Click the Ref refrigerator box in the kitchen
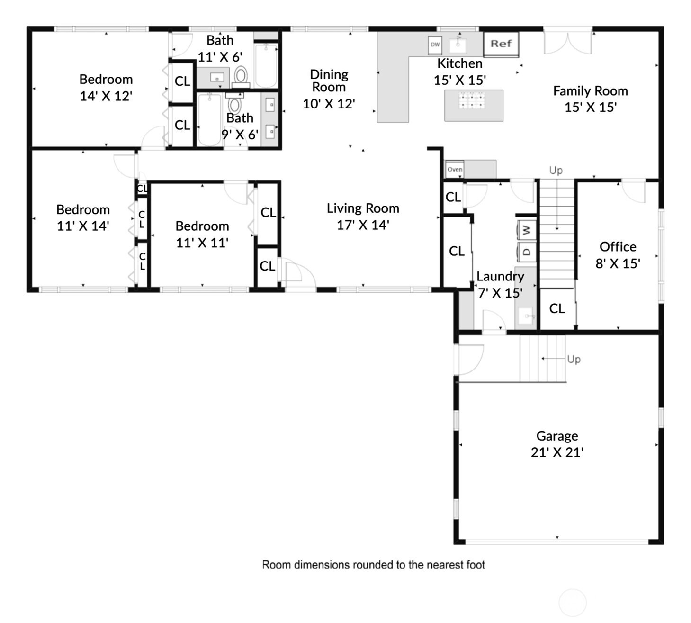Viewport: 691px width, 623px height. tap(501, 44)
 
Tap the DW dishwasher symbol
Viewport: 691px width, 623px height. tap(435, 45)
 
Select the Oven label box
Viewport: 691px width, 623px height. tap(455, 169)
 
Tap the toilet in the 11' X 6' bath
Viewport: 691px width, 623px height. tap(241, 78)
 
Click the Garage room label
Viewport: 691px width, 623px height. tap(557, 437)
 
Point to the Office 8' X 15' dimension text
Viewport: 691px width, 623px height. tap(618, 263)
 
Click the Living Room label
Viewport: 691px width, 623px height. tap(363, 208)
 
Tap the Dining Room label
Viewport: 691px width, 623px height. tap(329, 81)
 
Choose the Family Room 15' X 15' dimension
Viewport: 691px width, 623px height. tap(591, 107)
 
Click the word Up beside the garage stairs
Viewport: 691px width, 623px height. tap(574, 360)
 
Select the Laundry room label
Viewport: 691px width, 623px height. tap(501, 276)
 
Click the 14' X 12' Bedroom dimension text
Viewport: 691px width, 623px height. tap(106, 96)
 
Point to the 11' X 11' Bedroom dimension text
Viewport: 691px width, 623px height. tap(202, 243)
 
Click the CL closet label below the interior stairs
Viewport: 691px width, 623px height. tap(557, 309)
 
